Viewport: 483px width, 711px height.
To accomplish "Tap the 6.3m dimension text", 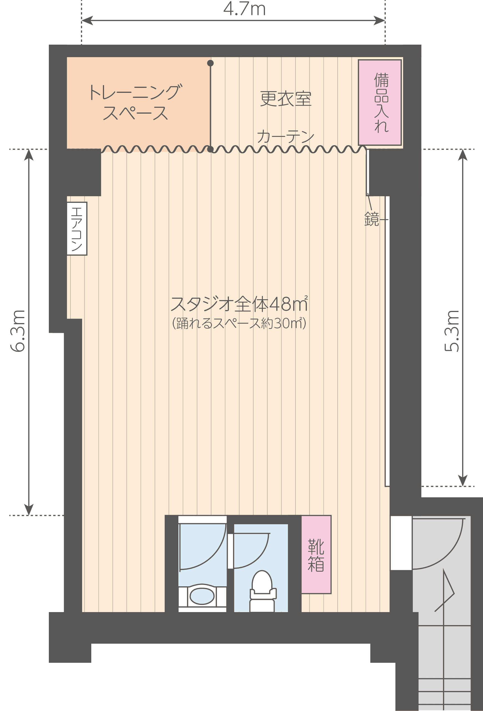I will click(18, 331).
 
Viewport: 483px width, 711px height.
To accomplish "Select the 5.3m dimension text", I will click(452, 331).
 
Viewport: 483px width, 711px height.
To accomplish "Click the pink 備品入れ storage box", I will click(380, 102).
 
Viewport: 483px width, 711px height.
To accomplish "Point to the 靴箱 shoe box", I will click(316, 555).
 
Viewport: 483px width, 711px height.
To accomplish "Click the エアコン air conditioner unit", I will click(77, 229).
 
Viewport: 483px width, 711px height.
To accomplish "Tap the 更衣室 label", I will click(285, 99).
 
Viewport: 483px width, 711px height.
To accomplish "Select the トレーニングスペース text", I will click(135, 102).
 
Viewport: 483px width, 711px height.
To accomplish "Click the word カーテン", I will click(285, 136).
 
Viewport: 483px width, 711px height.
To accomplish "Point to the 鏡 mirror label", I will click(371, 219).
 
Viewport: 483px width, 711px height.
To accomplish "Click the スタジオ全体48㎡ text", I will click(239, 304).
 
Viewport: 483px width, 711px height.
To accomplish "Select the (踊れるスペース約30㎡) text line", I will click(239, 323).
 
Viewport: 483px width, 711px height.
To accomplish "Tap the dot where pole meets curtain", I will click(210, 149).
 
